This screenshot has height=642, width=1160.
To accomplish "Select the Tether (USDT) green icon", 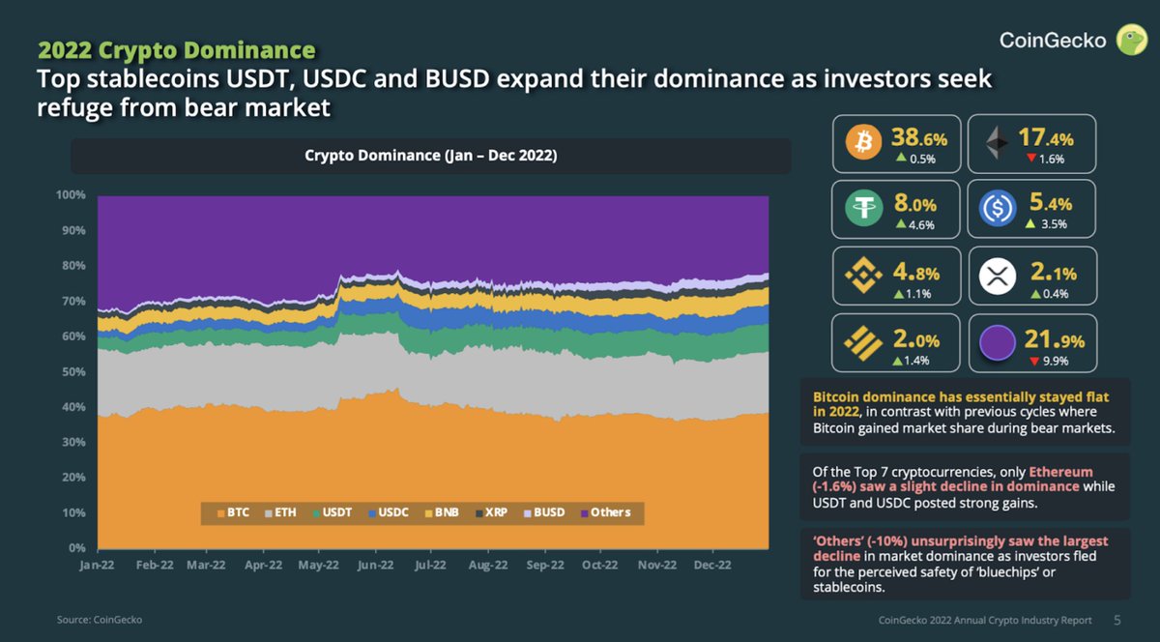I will coord(859,208).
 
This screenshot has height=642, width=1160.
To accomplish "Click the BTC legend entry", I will coord(234,512).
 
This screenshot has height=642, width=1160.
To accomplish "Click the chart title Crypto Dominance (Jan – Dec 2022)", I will coord(431,156).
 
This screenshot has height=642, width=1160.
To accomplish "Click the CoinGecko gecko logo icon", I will coord(1132,40).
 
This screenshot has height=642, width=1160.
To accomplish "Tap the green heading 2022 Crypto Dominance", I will coord(176,49).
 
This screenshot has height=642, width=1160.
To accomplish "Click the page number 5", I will coord(1117,620).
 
